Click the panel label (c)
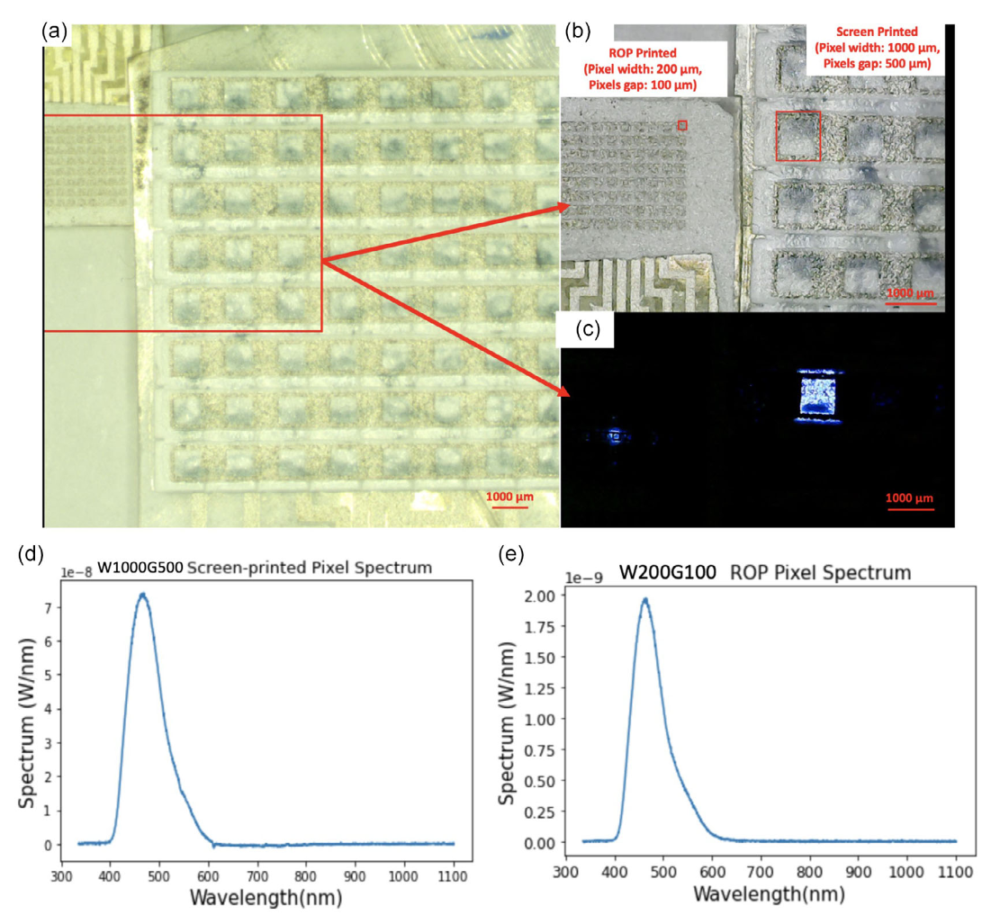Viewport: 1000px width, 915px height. (588, 330)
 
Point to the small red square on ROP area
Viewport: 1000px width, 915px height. (682, 125)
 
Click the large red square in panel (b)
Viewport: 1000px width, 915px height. (797, 136)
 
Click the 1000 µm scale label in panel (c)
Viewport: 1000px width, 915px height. (911, 498)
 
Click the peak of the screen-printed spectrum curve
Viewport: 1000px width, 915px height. (142, 594)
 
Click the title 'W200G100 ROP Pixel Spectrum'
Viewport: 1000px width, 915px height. (765, 573)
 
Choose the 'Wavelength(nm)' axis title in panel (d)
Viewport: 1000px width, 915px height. (256, 900)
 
